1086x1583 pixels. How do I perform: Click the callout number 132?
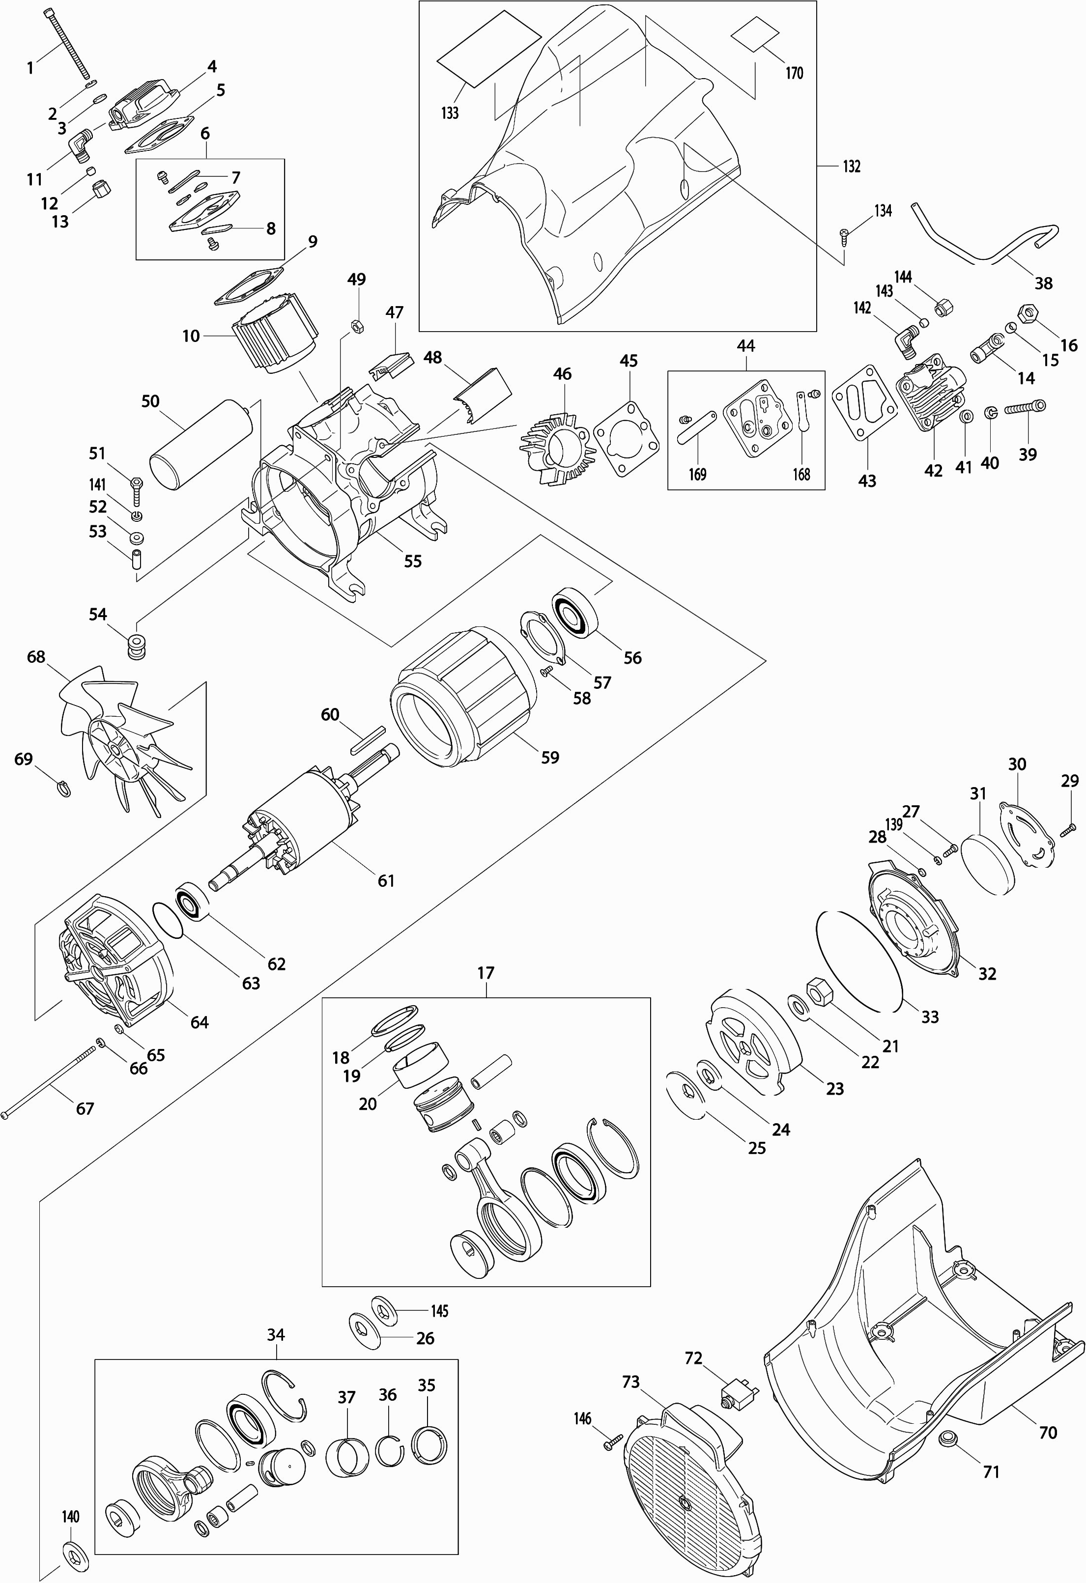point(852,166)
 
